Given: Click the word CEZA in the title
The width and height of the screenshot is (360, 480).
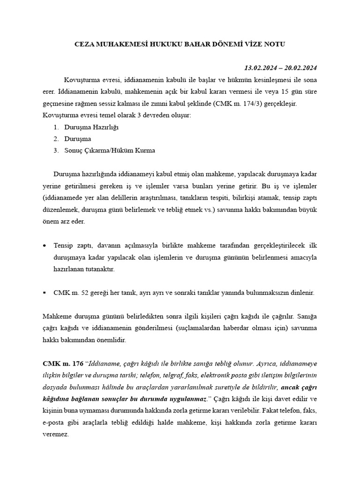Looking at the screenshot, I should click(x=85, y=45).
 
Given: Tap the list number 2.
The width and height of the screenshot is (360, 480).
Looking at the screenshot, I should click(x=56, y=139).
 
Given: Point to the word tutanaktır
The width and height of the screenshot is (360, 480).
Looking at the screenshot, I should click(x=99, y=270).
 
